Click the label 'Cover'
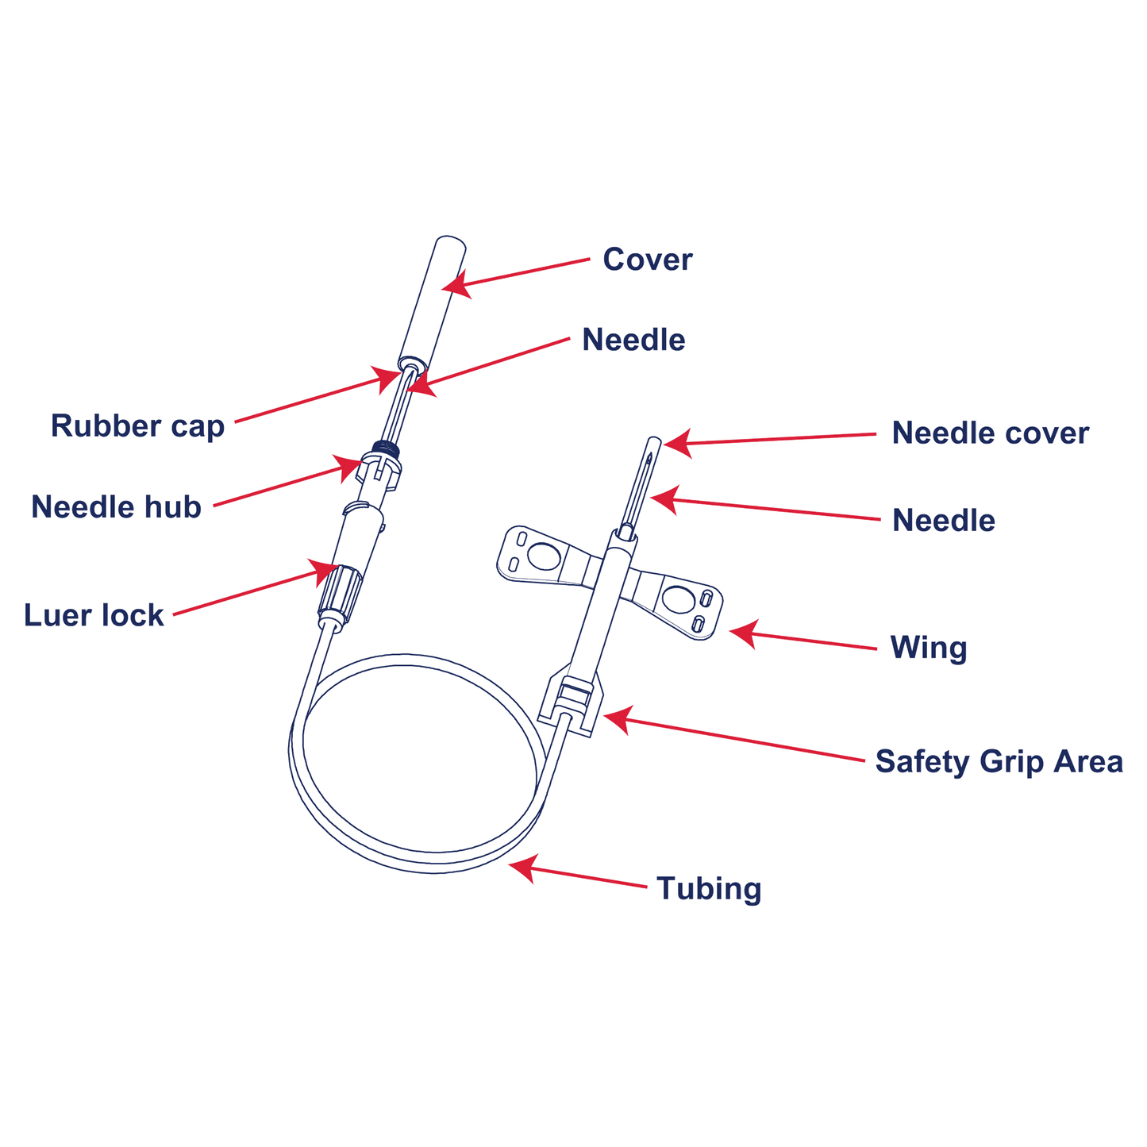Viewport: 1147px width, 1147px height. (648, 260)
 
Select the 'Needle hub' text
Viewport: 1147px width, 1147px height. (117, 507)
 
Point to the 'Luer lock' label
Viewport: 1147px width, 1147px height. (94, 615)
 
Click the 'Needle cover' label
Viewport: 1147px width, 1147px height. (991, 433)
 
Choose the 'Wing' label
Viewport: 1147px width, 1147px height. (929, 648)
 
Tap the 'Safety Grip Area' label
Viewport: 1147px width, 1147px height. (999, 762)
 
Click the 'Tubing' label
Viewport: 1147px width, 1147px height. (709, 889)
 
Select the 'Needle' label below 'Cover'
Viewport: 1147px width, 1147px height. (633, 340)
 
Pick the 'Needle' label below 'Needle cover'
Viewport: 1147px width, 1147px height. (944, 520)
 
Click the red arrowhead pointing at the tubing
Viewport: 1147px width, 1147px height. (522, 868)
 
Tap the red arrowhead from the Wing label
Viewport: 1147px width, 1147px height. (744, 633)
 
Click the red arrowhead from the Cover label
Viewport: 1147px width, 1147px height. (456, 284)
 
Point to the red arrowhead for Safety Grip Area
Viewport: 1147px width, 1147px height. (618, 719)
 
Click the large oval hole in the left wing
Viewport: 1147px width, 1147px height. (544, 556)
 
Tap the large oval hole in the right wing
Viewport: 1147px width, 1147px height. (678, 599)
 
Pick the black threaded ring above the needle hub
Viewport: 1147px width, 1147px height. (384, 448)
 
